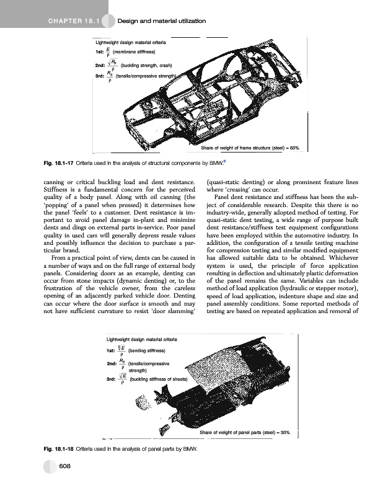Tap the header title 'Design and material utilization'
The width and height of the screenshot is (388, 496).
click(x=161, y=22)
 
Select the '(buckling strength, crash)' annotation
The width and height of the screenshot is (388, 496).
click(x=146, y=65)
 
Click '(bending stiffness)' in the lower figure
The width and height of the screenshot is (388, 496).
click(x=143, y=351)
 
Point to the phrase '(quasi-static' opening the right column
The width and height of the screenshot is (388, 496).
click(x=223, y=182)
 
